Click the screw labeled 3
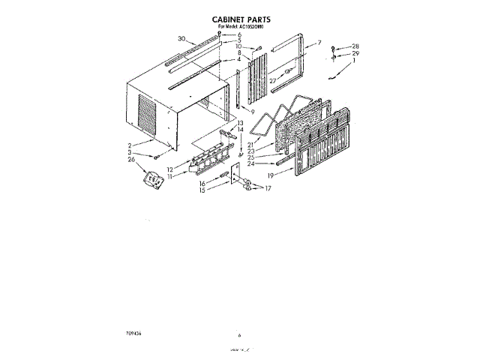[x=155, y=157]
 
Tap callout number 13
[x=241, y=122]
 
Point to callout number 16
[x=202, y=182]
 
